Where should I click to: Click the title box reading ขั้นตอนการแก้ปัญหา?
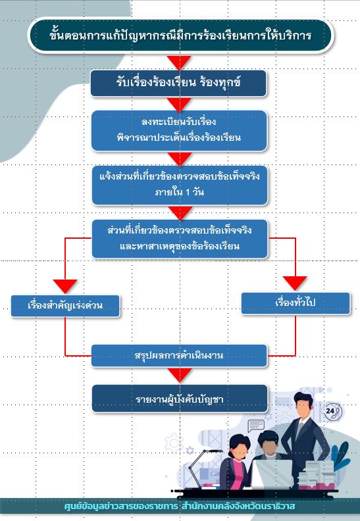click(180, 36)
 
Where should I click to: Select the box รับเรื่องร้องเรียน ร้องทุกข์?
click(178, 83)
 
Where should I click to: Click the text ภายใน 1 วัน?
click(180, 192)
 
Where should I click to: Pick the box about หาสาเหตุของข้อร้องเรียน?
click(180, 239)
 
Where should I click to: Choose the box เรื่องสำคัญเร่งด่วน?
click(65, 306)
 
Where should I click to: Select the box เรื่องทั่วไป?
click(296, 303)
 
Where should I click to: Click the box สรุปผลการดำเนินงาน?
click(179, 356)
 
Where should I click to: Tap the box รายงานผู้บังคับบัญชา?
click(180, 399)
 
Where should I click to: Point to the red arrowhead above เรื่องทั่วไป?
click(295, 283)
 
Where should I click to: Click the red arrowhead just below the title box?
click(179, 62)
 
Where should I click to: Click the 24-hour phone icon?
click(333, 412)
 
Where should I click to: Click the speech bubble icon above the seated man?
click(256, 426)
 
